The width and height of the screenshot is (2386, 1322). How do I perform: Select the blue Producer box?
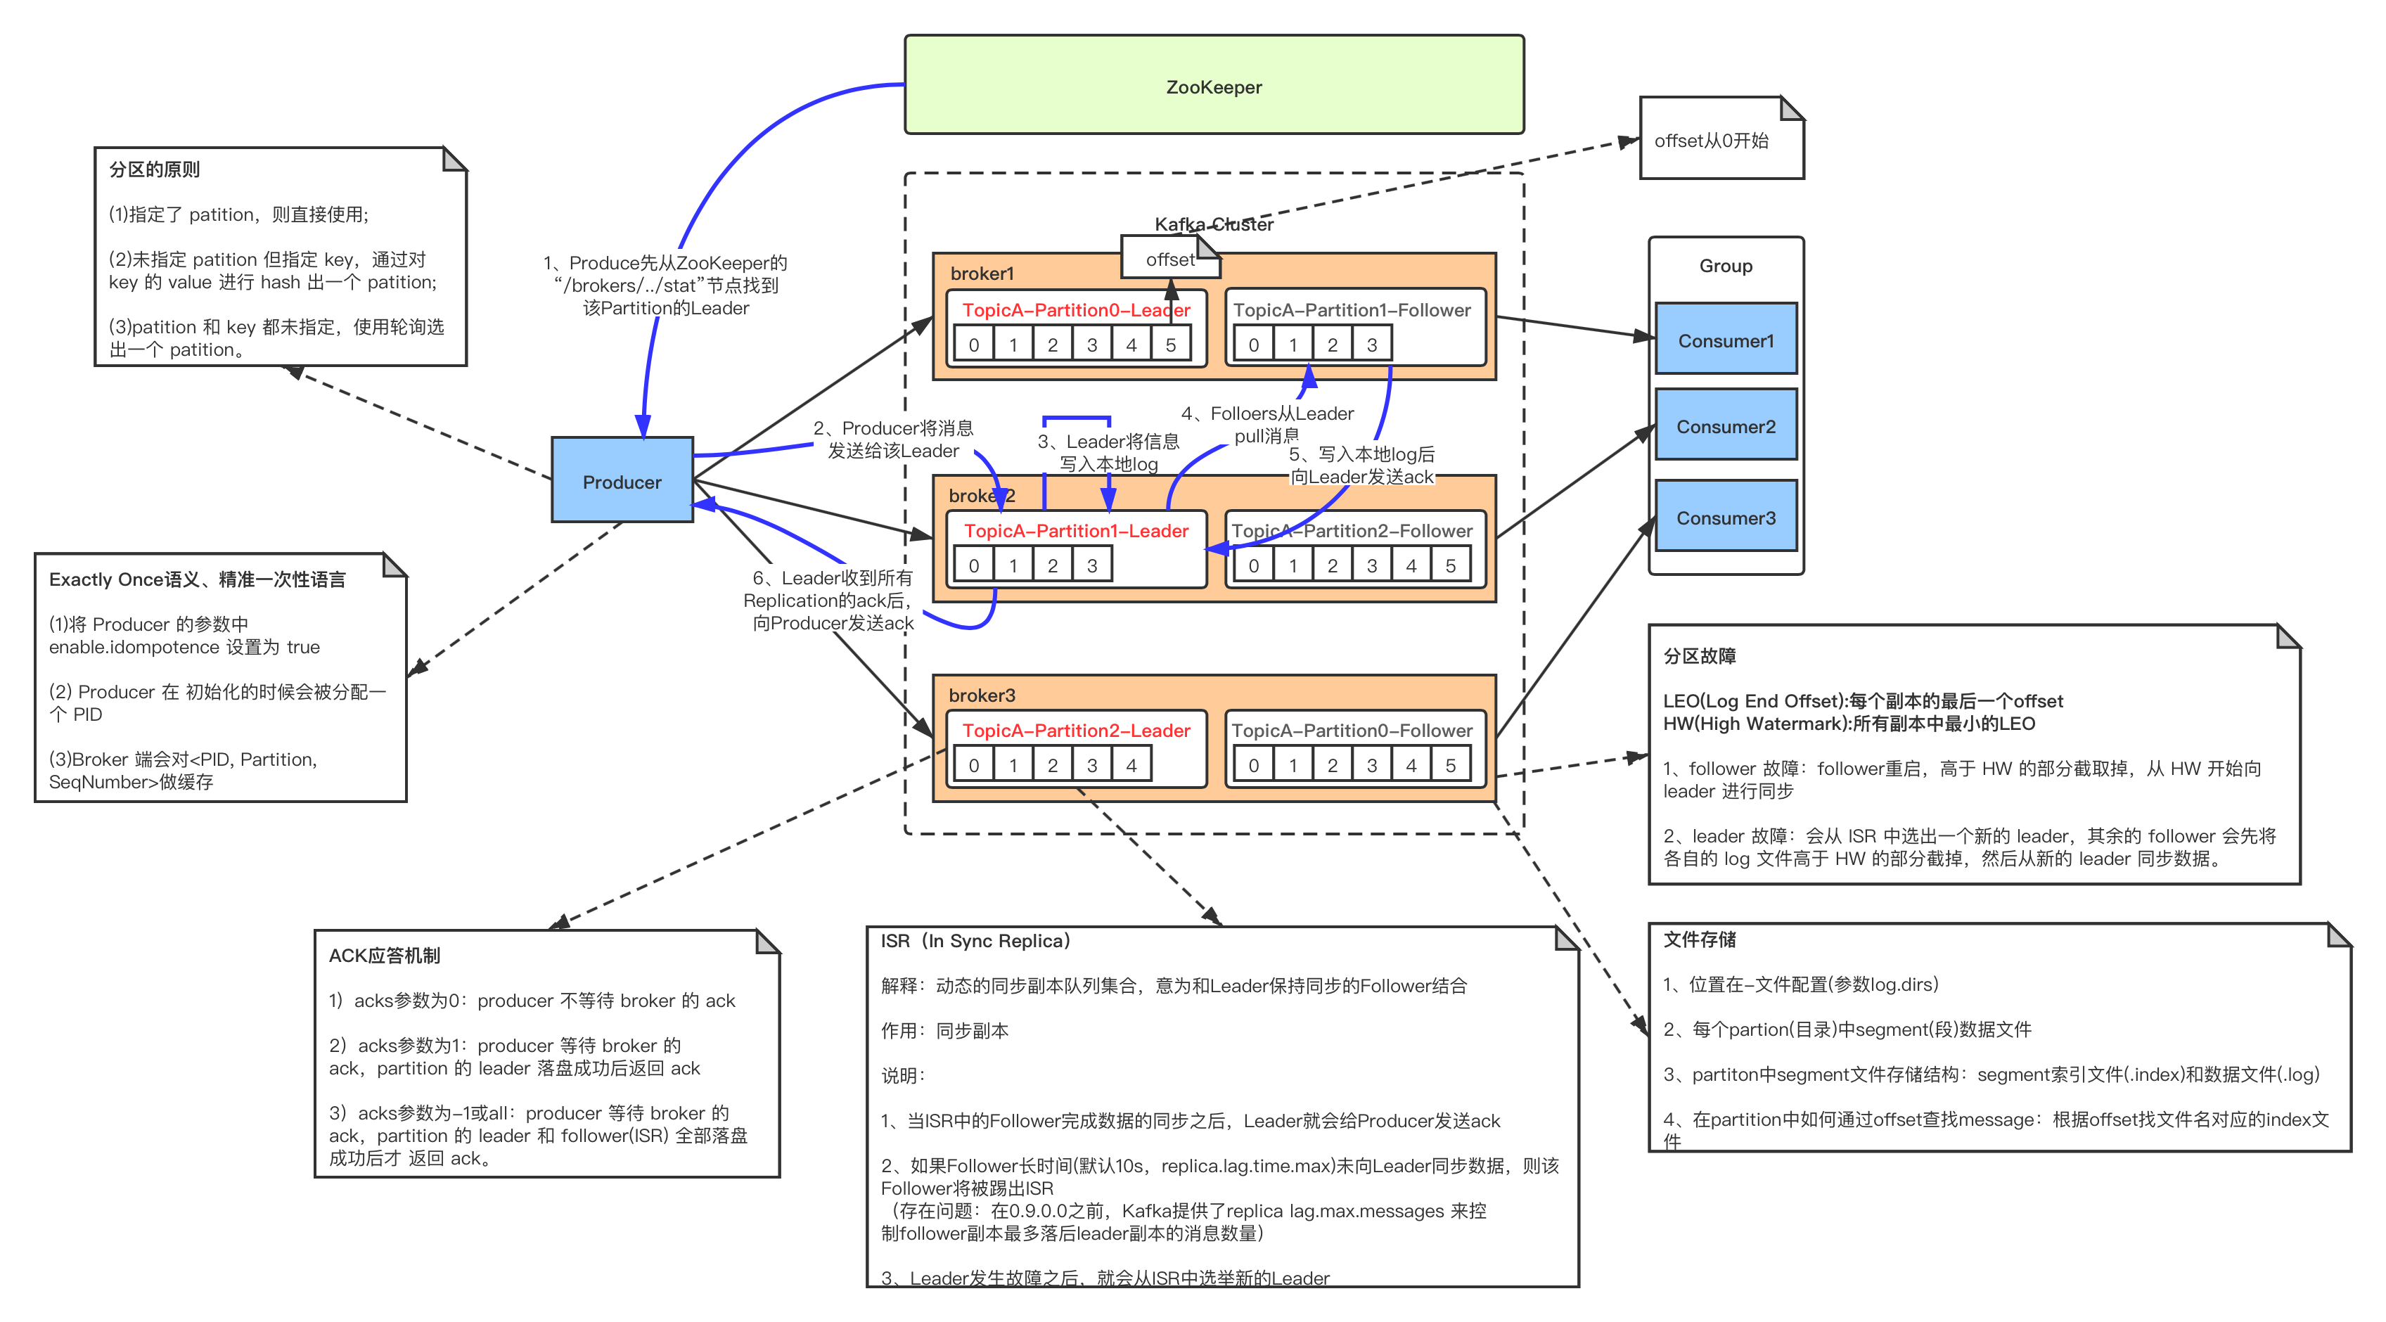(x=622, y=481)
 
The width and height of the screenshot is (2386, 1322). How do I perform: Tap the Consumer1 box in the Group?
(x=1726, y=340)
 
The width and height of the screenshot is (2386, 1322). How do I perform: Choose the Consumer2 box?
(x=1726, y=426)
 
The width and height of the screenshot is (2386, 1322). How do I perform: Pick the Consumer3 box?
(x=1726, y=517)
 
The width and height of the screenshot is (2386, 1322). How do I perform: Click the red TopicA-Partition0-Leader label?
(x=1075, y=309)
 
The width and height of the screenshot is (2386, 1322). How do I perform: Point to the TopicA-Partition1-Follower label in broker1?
(x=1352, y=309)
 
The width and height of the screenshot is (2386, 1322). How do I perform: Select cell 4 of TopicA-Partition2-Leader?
(x=1131, y=765)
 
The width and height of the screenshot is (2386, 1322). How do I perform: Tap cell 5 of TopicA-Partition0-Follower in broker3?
(x=1451, y=765)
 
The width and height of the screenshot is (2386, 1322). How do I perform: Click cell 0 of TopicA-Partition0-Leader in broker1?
(x=973, y=345)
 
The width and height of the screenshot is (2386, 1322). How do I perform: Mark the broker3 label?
(x=982, y=695)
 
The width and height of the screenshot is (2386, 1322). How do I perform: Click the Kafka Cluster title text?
(x=1213, y=224)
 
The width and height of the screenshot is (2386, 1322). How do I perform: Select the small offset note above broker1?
(x=1170, y=259)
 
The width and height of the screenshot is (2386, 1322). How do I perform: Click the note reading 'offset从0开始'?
(x=1711, y=140)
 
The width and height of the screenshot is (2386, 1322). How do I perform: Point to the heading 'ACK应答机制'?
(x=385, y=955)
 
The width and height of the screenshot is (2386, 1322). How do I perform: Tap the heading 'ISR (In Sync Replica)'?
(x=975, y=940)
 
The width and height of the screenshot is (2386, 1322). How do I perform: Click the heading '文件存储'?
(x=1699, y=939)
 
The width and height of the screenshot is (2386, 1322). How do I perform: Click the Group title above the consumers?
(x=1726, y=265)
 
